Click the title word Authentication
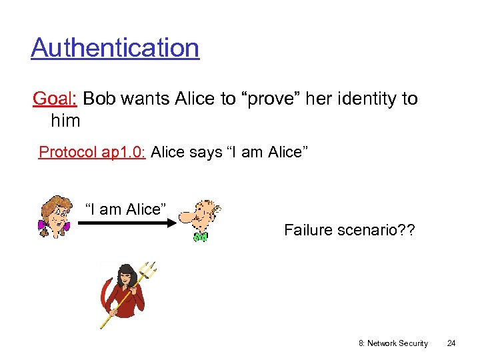point(115,48)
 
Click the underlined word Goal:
point(55,99)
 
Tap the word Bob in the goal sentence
point(99,99)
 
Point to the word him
point(65,121)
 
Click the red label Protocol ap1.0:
point(92,152)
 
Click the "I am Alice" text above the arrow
point(124,209)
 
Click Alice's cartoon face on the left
point(56,214)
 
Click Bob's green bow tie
point(200,236)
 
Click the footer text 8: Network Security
point(393,343)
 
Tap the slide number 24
point(451,343)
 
